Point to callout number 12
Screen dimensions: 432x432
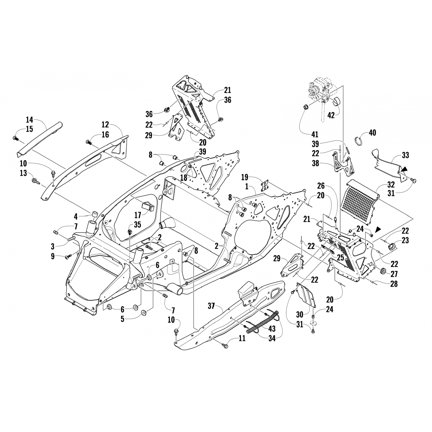[105, 125]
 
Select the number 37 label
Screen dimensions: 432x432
[211, 306]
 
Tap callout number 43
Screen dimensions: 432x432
[272, 329]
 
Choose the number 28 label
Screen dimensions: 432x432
[394, 283]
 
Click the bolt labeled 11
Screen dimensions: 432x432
[225, 344]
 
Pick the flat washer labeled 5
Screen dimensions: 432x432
[144, 312]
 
